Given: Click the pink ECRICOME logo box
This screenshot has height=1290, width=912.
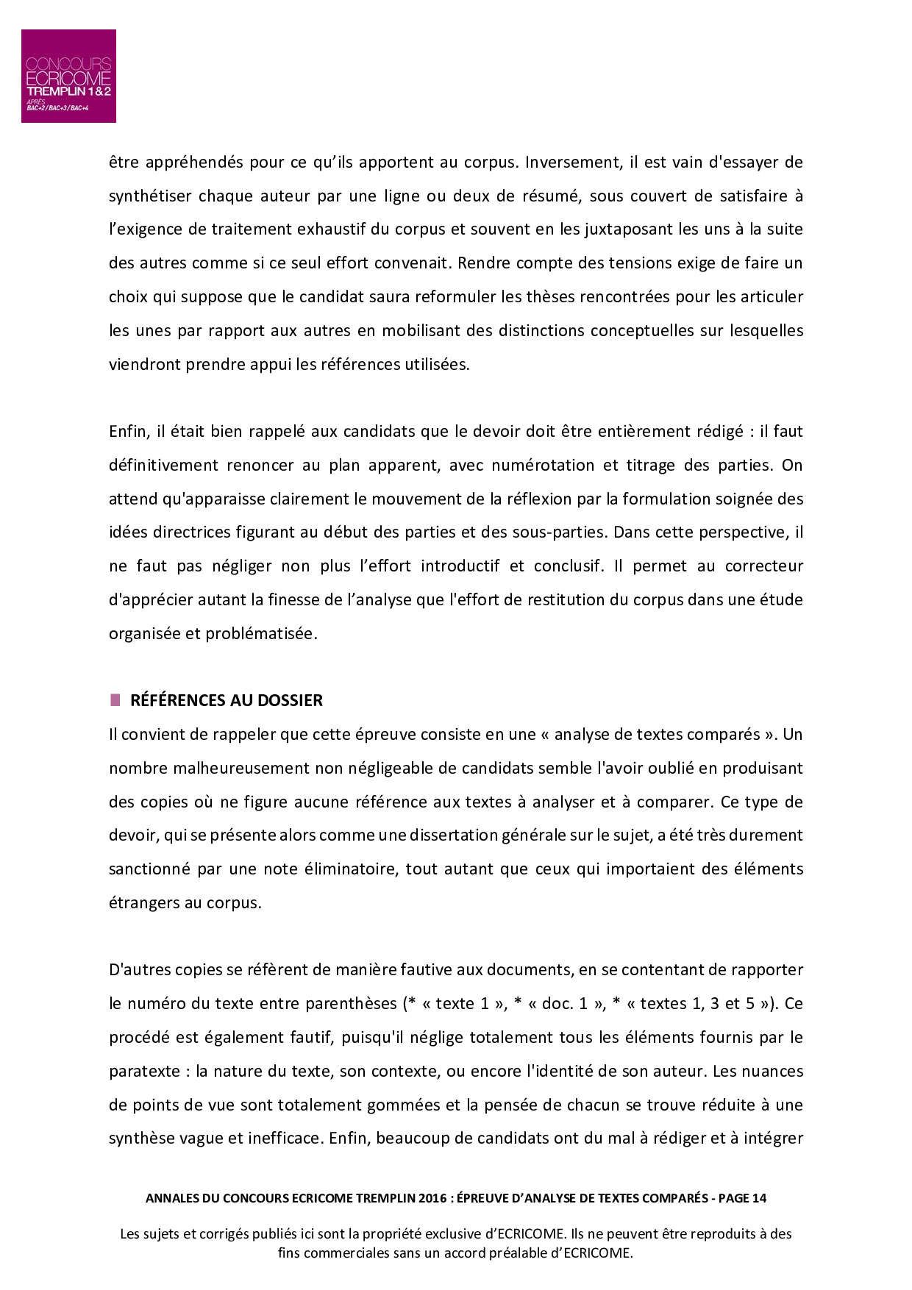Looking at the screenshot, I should tap(68, 76).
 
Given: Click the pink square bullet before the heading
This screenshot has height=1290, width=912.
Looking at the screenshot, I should tap(115, 700).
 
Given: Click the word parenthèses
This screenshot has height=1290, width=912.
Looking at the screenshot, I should tap(351, 1004).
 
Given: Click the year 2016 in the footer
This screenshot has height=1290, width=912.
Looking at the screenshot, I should tap(433, 1198).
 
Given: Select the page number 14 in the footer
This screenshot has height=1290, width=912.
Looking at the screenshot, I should tap(758, 1198).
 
